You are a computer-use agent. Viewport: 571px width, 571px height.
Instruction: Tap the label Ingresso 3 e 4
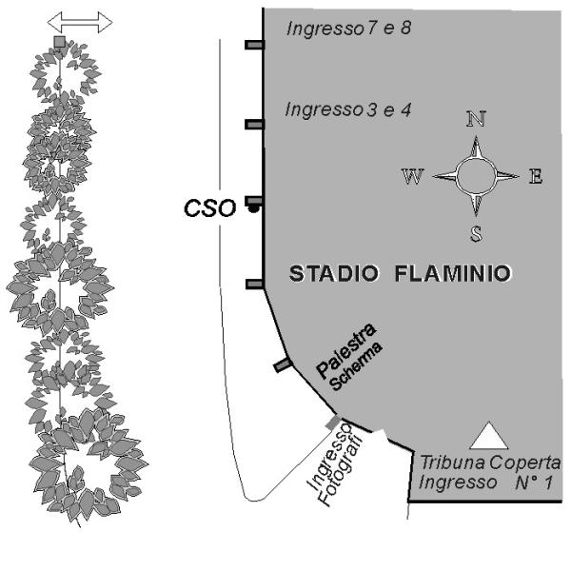(347, 110)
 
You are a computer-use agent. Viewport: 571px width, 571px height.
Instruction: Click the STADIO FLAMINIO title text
(399, 275)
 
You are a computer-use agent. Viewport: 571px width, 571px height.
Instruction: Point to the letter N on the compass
(476, 119)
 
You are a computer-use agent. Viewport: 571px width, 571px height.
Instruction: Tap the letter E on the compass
(535, 176)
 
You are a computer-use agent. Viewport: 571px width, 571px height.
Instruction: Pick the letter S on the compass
(475, 234)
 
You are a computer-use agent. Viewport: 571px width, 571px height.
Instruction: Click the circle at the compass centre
(475, 176)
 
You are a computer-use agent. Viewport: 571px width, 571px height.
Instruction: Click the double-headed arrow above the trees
(80, 22)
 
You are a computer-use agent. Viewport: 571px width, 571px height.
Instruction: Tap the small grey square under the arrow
(60, 42)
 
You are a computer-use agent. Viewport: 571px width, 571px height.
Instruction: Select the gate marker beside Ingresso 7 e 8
(254, 45)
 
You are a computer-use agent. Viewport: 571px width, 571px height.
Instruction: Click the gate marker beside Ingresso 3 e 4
(254, 125)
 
